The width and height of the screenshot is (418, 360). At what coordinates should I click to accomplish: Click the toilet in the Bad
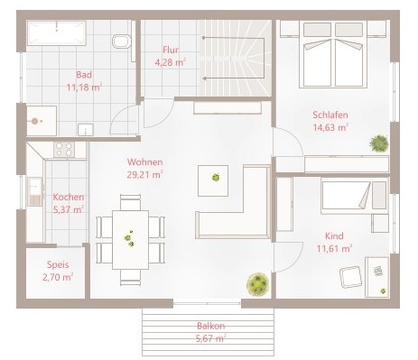click(x=122, y=42)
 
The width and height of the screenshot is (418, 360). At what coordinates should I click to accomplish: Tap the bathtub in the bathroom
click(x=57, y=33)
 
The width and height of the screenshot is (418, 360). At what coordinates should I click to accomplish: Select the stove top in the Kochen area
click(x=64, y=150)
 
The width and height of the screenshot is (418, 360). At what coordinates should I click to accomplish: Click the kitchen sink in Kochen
click(x=35, y=192)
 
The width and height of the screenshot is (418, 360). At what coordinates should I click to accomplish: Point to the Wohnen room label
click(x=144, y=162)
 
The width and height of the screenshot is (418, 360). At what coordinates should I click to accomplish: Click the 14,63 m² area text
click(x=330, y=127)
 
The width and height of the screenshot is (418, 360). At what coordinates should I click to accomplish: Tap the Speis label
click(x=58, y=264)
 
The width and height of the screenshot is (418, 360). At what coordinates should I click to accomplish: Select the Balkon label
click(x=211, y=326)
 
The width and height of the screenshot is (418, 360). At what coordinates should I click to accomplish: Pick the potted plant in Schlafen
click(x=379, y=143)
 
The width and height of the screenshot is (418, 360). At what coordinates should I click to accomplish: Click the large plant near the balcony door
click(x=257, y=284)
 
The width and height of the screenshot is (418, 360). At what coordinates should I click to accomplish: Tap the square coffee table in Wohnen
click(x=213, y=180)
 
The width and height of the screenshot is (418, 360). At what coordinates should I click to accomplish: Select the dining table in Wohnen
click(x=130, y=240)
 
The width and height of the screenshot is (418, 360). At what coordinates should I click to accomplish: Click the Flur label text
click(x=171, y=50)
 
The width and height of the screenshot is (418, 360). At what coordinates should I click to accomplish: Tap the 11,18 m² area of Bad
click(x=84, y=88)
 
